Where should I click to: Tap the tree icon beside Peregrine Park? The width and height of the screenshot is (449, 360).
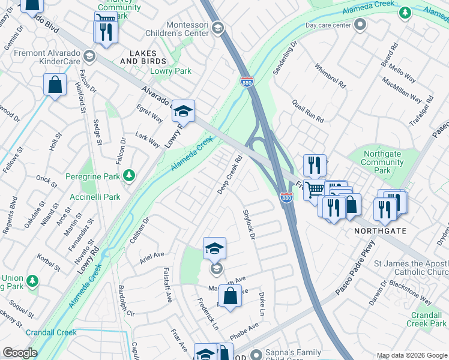(x=128, y=175)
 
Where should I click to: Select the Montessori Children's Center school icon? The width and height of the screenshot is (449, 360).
(x=217, y=28)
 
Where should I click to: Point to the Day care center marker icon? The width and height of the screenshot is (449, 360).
(x=360, y=25)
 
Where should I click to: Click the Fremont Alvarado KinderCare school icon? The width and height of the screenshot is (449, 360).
(x=89, y=56)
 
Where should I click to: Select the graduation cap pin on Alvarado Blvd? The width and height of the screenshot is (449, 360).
(x=184, y=111)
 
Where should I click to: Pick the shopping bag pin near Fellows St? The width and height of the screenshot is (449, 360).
(x=55, y=85)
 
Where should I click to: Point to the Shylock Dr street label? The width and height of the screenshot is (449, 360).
(x=249, y=225)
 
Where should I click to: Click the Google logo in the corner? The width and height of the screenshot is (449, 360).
(x=20, y=353)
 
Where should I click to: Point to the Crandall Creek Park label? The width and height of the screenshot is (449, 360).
(x=426, y=319)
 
